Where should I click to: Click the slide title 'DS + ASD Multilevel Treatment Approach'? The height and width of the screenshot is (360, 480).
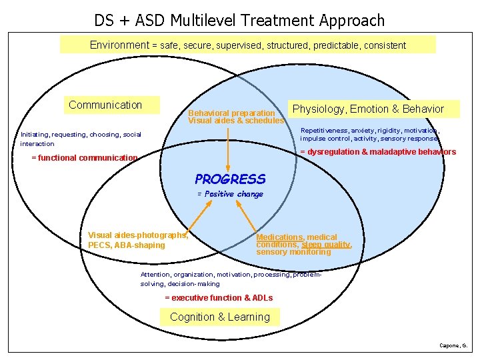(x=239, y=20)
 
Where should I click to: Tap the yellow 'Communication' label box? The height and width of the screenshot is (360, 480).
(x=105, y=105)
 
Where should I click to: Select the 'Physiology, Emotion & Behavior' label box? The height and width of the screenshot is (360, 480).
(x=368, y=109)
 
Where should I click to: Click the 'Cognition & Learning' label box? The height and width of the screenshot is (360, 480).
(x=220, y=317)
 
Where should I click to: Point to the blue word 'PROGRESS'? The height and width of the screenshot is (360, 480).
(x=230, y=179)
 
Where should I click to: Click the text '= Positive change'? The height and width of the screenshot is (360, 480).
(x=230, y=194)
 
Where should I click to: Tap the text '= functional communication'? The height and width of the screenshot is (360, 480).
(x=85, y=158)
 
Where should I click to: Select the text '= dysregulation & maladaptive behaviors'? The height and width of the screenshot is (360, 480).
(x=378, y=152)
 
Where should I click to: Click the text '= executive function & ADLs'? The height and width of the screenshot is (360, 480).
(x=219, y=297)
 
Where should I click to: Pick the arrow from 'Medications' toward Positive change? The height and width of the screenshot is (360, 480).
(x=246, y=215)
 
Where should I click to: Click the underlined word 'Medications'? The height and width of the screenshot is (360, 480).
(x=279, y=237)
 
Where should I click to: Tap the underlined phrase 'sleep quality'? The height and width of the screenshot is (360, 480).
(x=325, y=245)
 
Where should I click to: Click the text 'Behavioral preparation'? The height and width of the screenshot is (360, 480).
(x=231, y=113)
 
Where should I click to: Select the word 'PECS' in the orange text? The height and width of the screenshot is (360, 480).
(x=99, y=245)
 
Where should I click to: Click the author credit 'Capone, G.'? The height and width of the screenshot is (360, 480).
(x=454, y=345)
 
